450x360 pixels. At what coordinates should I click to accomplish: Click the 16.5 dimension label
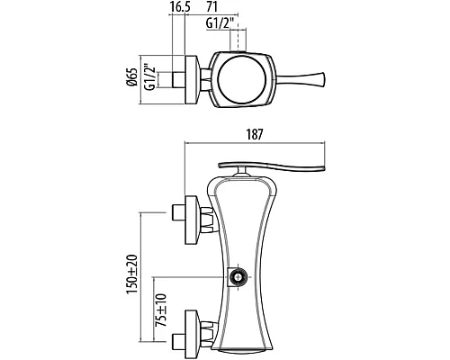180,7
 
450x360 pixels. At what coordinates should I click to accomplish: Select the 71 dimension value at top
211,7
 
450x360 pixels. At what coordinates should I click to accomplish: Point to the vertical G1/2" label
150,76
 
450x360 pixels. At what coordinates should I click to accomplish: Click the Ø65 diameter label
132,77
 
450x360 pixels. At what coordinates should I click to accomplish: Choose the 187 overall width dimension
255,134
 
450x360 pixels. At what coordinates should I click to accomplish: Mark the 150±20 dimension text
132,274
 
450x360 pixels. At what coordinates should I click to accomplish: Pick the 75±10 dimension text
161,310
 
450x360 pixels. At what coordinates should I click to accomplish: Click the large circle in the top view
241,79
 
